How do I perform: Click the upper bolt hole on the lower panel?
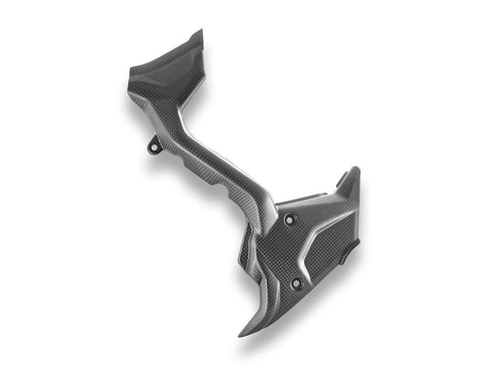292,220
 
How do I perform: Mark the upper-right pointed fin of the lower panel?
355,169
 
